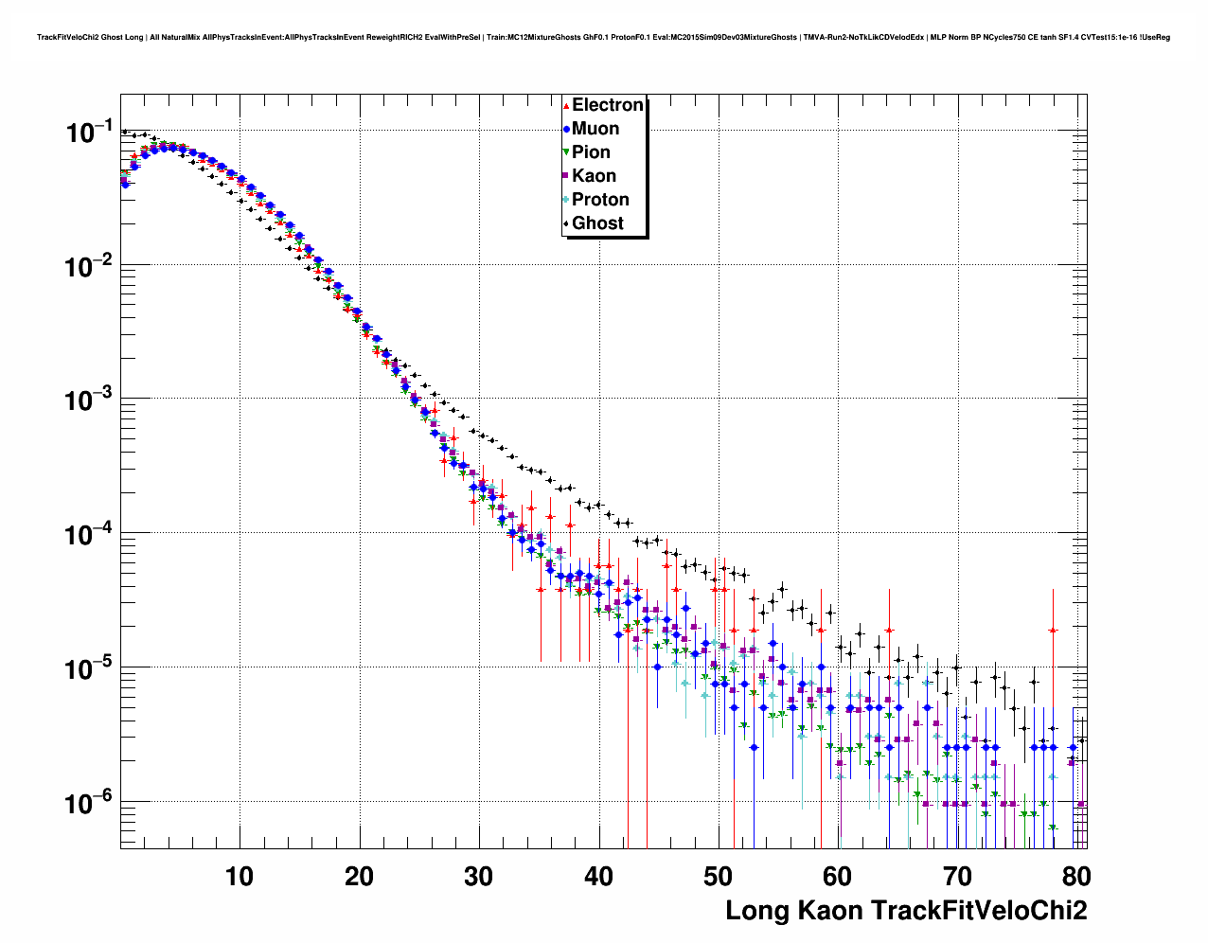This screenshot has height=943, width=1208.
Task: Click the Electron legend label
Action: click(608, 105)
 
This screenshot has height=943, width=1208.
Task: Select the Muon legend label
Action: click(595, 129)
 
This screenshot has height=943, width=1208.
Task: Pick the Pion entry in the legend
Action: click(591, 152)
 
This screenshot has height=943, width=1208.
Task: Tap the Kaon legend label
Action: click(594, 176)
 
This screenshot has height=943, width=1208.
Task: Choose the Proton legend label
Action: click(600, 200)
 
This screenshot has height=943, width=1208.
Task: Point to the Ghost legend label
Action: click(597, 223)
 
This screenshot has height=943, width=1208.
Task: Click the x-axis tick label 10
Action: click(240, 877)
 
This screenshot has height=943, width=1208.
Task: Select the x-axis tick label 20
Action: click(359, 877)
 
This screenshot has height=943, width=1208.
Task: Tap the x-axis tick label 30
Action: click(479, 877)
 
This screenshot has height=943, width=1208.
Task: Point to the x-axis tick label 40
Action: click(598, 877)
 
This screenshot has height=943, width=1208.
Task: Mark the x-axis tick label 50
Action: click(718, 877)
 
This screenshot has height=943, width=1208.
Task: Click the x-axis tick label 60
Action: click(838, 877)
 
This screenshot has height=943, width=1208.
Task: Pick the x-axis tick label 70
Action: click(957, 877)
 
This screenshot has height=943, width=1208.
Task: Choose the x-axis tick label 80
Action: click(1075, 877)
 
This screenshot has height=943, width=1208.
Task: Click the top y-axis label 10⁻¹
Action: click(90, 132)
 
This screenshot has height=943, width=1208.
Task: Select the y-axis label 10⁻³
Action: click(90, 400)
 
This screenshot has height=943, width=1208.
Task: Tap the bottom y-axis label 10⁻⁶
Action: click(90, 804)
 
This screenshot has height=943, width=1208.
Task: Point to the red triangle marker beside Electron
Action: click(566, 106)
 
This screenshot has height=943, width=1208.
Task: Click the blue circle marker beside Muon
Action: click(566, 129)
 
